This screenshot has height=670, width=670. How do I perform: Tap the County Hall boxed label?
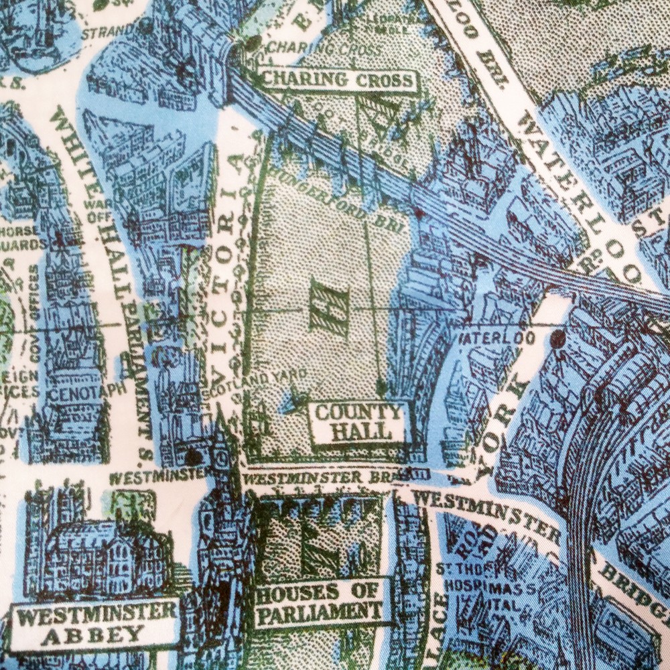(358, 421)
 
